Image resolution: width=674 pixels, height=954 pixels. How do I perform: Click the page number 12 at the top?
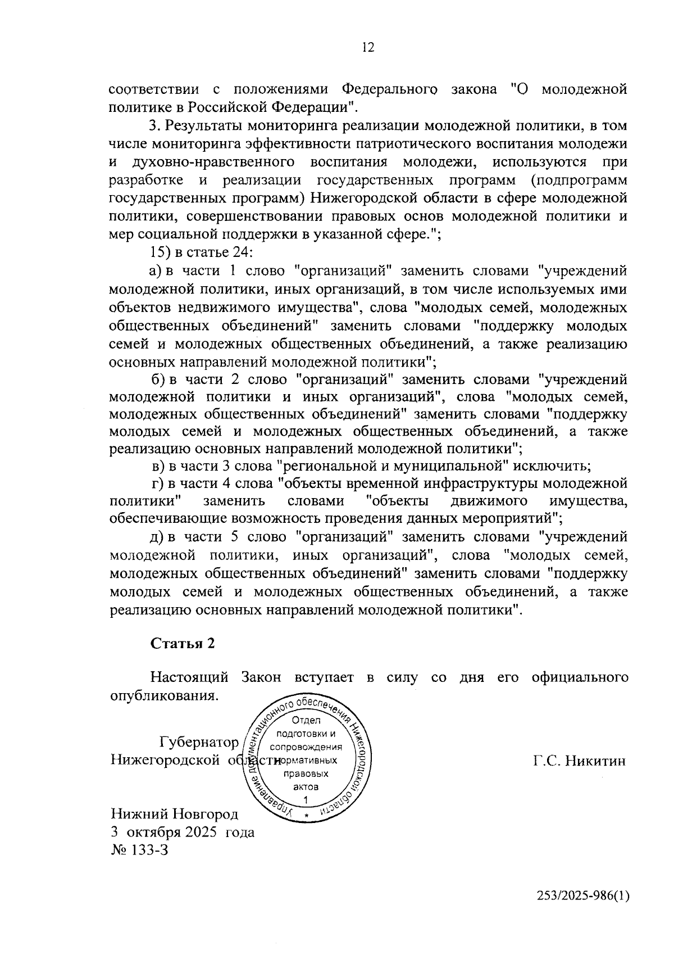point(368,47)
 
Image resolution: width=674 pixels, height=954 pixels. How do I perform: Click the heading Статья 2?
point(183,644)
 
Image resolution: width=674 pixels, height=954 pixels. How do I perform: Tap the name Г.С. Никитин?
point(579,761)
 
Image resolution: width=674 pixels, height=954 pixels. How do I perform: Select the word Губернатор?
point(199,742)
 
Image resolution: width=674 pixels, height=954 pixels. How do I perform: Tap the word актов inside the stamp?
point(306,787)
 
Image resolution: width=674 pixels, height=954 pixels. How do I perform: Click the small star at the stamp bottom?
point(306,815)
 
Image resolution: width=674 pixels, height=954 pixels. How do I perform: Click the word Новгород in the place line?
point(206,814)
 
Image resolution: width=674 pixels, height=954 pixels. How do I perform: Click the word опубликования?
point(163,695)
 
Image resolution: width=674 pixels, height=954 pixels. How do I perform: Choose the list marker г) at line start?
point(157,483)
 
